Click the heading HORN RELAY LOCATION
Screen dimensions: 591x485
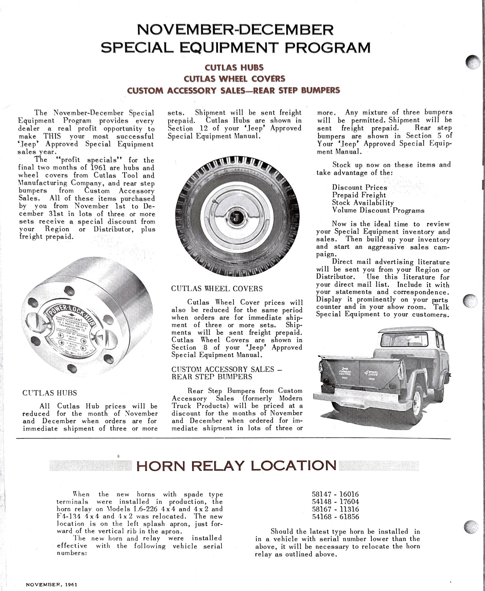coord(236,466)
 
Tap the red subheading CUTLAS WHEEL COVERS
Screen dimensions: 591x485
coord(234,79)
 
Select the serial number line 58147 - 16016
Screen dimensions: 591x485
coord(335,494)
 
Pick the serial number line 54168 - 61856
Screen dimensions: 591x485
coord(335,517)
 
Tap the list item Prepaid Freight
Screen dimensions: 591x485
coord(359,195)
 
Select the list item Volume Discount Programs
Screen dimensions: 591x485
coord(378,210)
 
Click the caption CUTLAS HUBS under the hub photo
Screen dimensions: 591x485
coord(50,393)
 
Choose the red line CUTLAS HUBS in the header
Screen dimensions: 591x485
coord(234,68)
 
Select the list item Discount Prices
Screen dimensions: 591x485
coord(359,188)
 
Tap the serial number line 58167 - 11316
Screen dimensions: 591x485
coord(335,509)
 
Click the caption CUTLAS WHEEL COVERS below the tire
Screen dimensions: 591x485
coord(217,289)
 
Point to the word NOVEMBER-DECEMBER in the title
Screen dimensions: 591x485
coord(235,30)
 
